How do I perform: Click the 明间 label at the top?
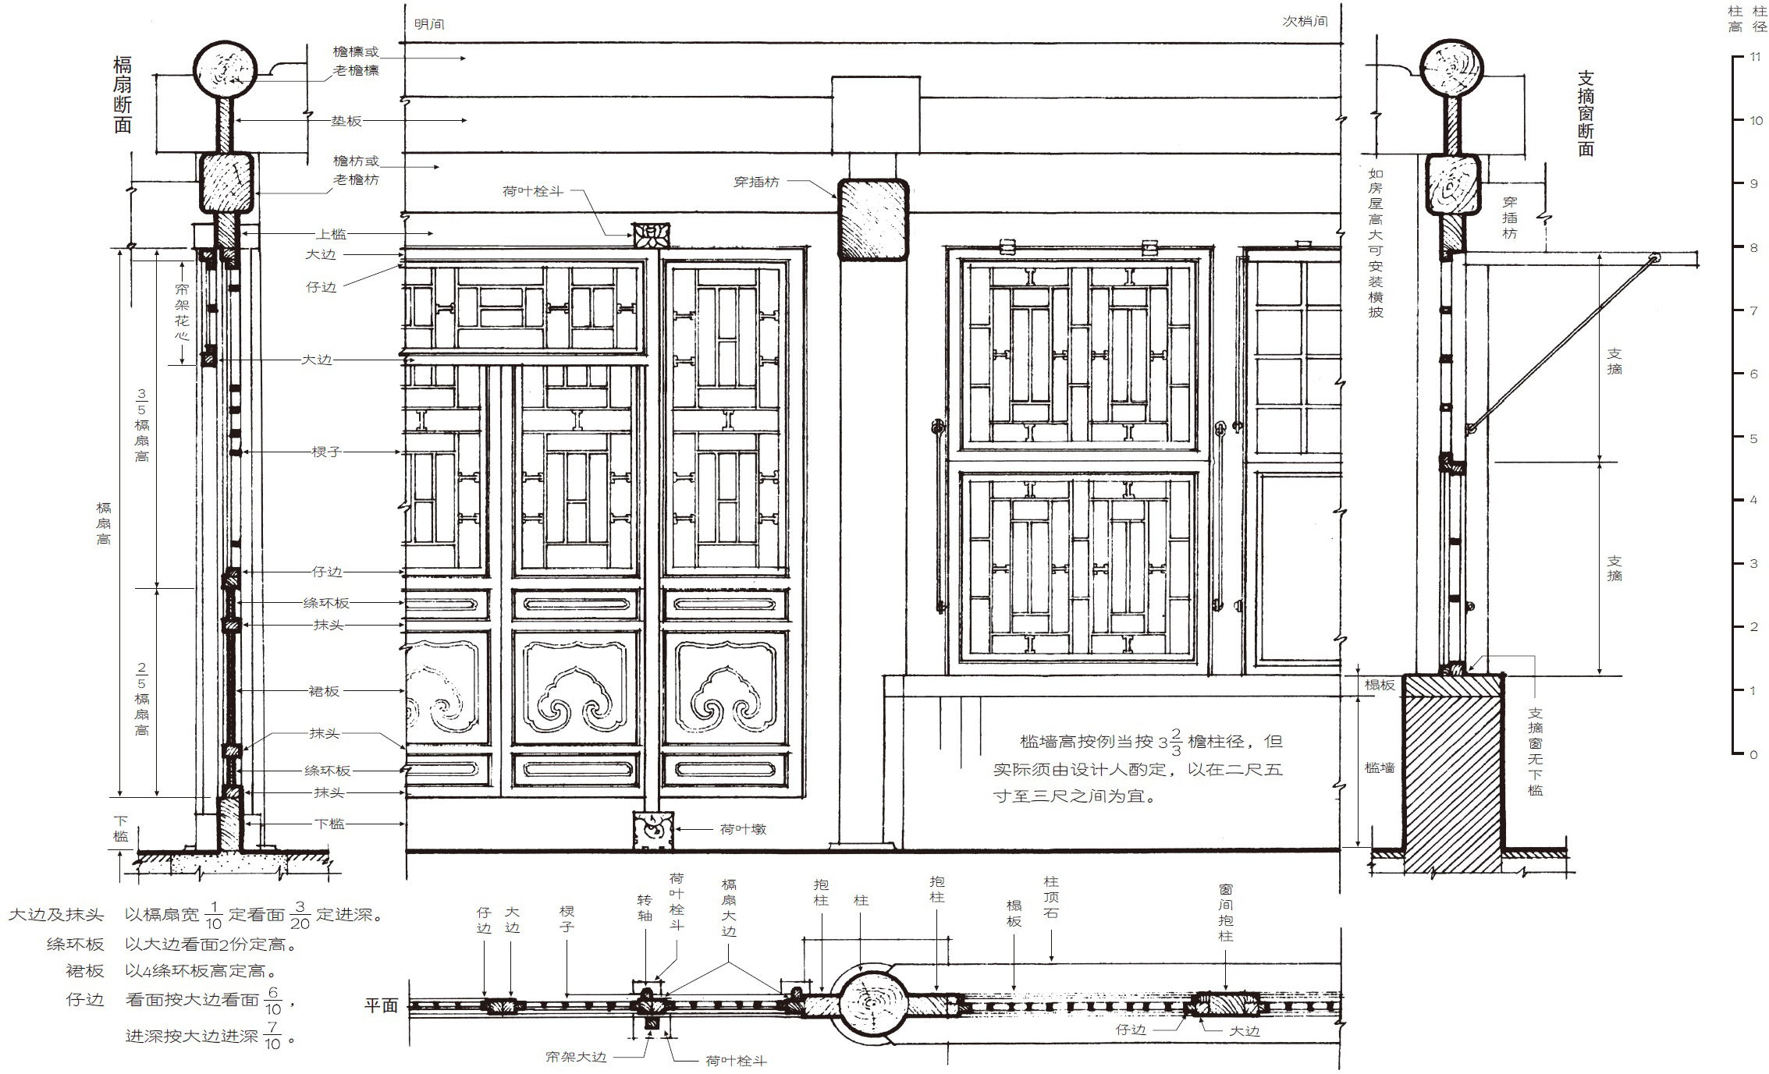pos(429,24)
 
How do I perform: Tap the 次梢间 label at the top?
pos(1305,21)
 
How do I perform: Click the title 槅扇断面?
pos(123,94)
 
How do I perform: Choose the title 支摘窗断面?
pos(1586,114)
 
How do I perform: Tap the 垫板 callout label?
pos(346,121)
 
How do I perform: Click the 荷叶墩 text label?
pos(743,829)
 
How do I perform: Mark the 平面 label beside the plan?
pos(381,1005)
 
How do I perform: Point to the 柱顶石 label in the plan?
pos(1051,897)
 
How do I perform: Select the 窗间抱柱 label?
pos(1226,912)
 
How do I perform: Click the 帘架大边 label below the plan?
pos(576,1057)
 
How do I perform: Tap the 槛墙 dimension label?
pos(1380,767)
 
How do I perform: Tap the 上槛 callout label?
pos(331,234)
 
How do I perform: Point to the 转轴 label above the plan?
pos(645,909)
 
